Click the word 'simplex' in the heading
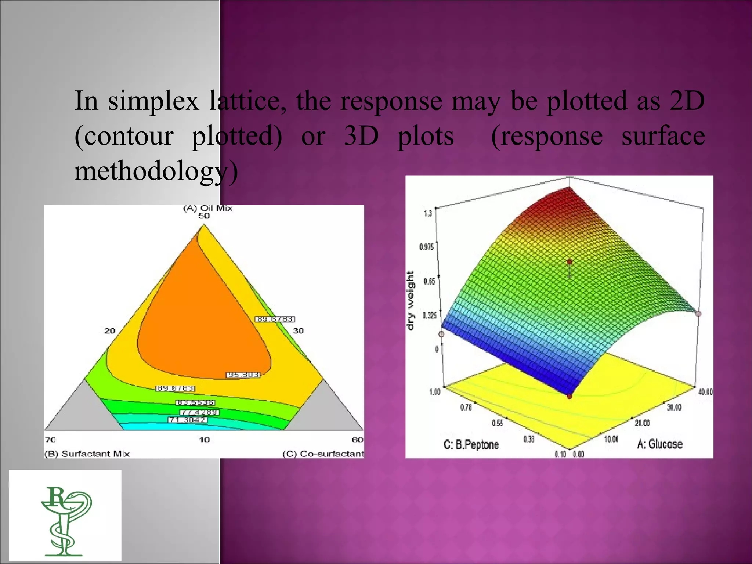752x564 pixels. tap(153, 101)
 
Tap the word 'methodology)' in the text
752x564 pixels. tap(156, 171)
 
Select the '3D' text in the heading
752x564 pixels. tap(361, 136)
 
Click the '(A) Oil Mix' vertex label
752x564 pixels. tap(208, 208)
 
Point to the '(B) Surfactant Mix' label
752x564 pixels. tap(87, 454)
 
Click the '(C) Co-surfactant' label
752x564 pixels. tap(323, 454)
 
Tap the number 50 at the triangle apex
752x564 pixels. tap(204, 216)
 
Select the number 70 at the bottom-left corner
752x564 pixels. tap(50, 440)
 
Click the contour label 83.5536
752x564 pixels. tap(195, 403)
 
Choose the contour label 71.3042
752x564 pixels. tap(188, 420)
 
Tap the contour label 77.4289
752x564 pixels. tap(199, 412)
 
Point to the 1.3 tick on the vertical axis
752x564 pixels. tap(428, 213)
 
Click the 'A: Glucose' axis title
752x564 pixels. tap(659, 444)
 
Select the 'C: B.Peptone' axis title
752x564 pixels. tap(471, 445)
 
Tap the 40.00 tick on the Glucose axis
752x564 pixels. tap(705, 392)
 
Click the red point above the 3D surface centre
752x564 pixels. tap(570, 262)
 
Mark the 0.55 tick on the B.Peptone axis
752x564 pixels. tap(497, 423)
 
